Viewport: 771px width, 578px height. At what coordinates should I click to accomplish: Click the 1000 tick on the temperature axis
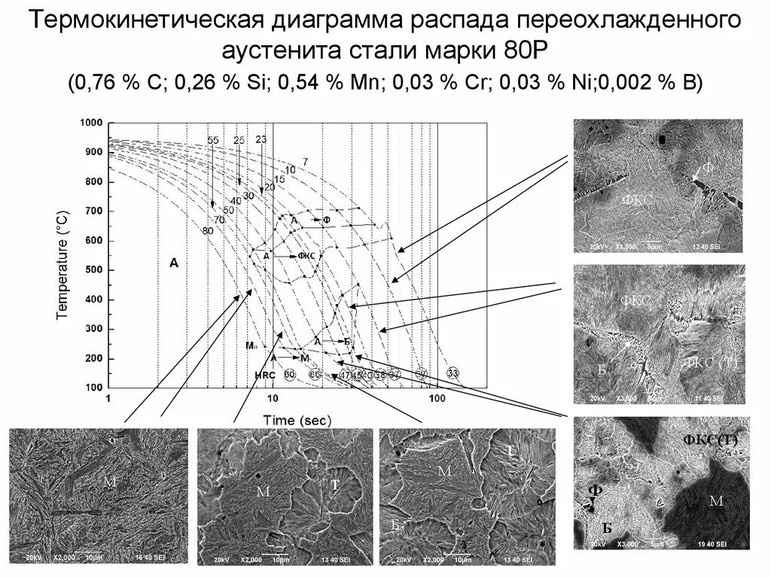[92, 123]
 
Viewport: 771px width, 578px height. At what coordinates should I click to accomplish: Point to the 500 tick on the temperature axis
[94, 270]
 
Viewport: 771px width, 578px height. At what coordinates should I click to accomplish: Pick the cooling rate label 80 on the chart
[207, 230]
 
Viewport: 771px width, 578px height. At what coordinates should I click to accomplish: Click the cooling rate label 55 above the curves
[212, 141]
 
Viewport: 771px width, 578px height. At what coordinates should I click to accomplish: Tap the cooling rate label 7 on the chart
[305, 162]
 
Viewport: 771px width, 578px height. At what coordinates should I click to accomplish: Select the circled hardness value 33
[453, 373]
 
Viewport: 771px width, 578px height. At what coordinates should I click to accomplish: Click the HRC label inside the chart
[265, 374]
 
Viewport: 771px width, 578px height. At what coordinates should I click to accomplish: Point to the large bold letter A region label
[174, 263]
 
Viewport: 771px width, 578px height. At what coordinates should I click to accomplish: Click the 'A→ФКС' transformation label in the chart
[289, 256]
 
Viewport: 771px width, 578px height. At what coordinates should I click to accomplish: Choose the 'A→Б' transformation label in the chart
[332, 342]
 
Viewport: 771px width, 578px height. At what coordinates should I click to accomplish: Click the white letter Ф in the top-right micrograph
[707, 168]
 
